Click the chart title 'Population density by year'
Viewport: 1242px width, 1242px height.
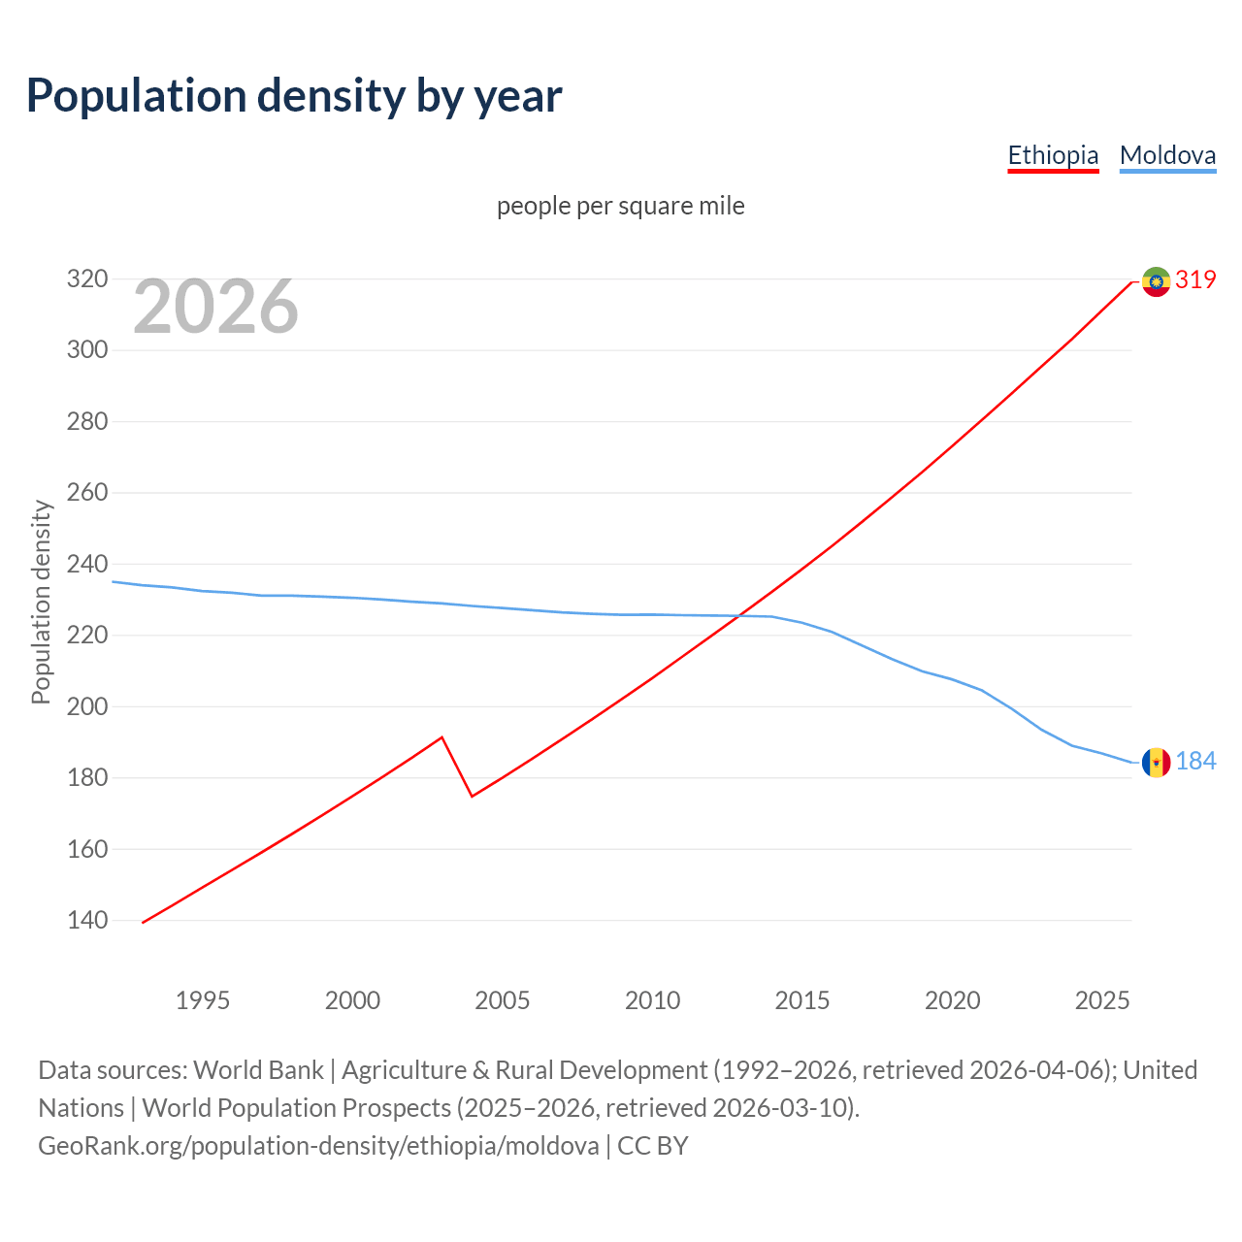click(294, 96)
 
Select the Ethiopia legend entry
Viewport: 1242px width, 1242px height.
click(1053, 155)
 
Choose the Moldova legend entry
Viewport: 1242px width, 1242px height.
click(1167, 155)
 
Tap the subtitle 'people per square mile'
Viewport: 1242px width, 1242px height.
click(621, 206)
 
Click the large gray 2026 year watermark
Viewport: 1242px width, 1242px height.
click(215, 307)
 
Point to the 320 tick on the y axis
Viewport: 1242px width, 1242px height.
click(86, 279)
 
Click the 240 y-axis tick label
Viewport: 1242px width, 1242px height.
click(86, 564)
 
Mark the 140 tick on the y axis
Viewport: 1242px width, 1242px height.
click(86, 920)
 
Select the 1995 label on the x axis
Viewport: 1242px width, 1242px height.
click(203, 1000)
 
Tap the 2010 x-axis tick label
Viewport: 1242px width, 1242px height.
click(652, 1000)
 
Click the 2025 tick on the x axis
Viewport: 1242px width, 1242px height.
click(1102, 1000)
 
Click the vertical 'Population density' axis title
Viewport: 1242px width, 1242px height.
click(41, 602)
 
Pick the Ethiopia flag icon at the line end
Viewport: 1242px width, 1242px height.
click(1156, 281)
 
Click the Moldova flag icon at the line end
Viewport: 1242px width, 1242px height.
click(1156, 763)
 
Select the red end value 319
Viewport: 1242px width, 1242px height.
click(1195, 279)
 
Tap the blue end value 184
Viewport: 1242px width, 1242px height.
click(1195, 761)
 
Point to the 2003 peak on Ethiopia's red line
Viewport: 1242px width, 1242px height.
click(441, 737)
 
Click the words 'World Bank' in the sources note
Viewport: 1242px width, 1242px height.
click(258, 1070)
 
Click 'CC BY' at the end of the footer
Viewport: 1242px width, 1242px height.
click(652, 1146)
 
